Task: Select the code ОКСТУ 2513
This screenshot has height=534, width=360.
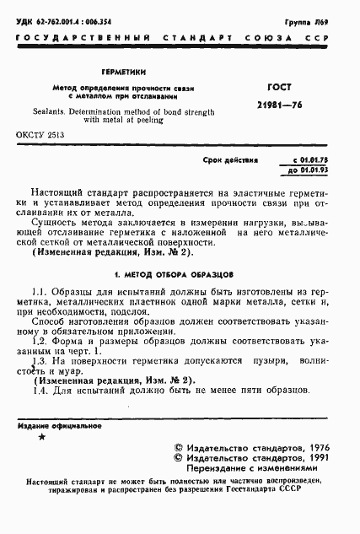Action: pos(40,135)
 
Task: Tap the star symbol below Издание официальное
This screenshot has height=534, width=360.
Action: pos(42,436)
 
